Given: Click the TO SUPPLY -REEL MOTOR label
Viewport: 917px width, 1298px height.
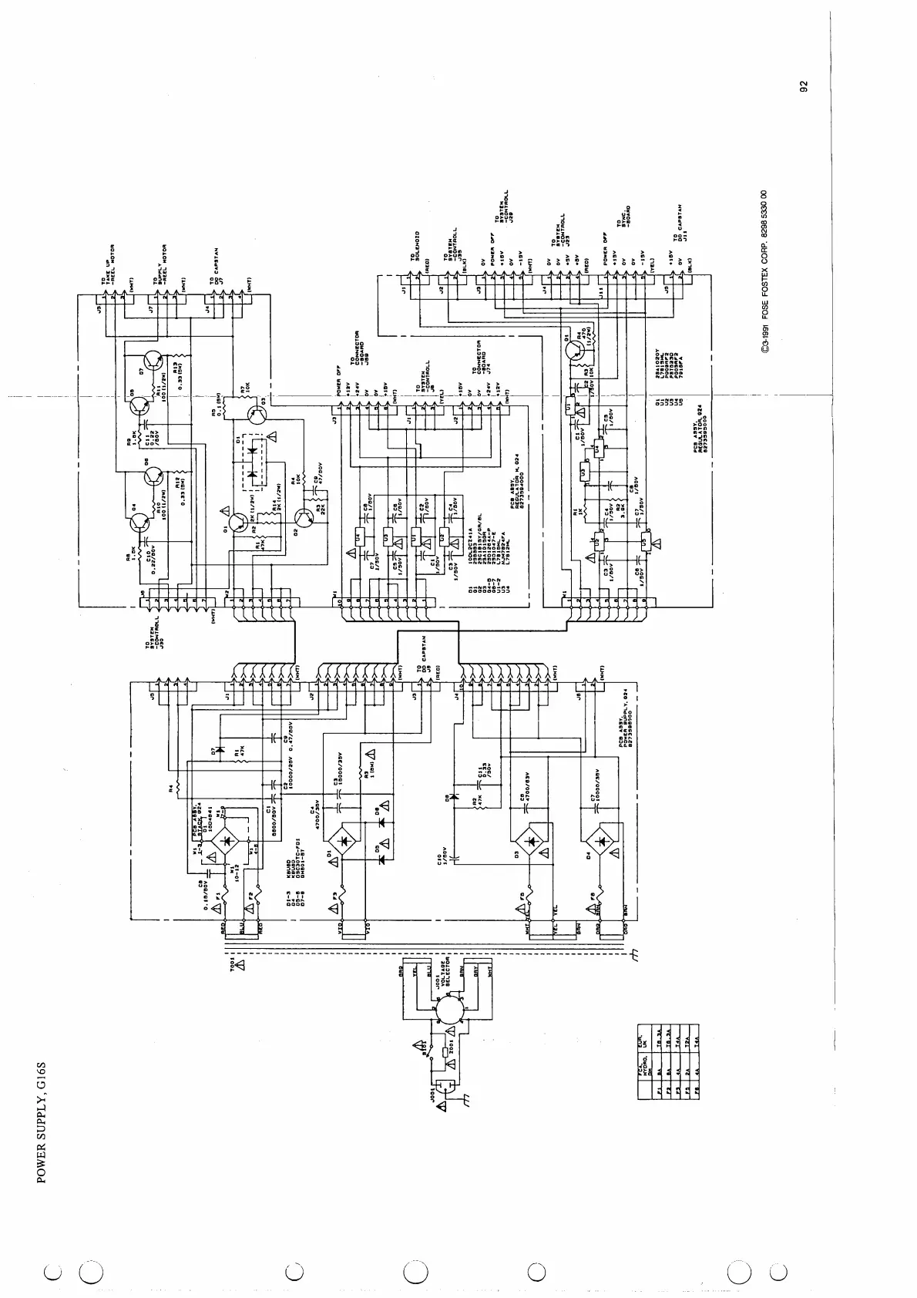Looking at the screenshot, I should pyautogui.click(x=163, y=269).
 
